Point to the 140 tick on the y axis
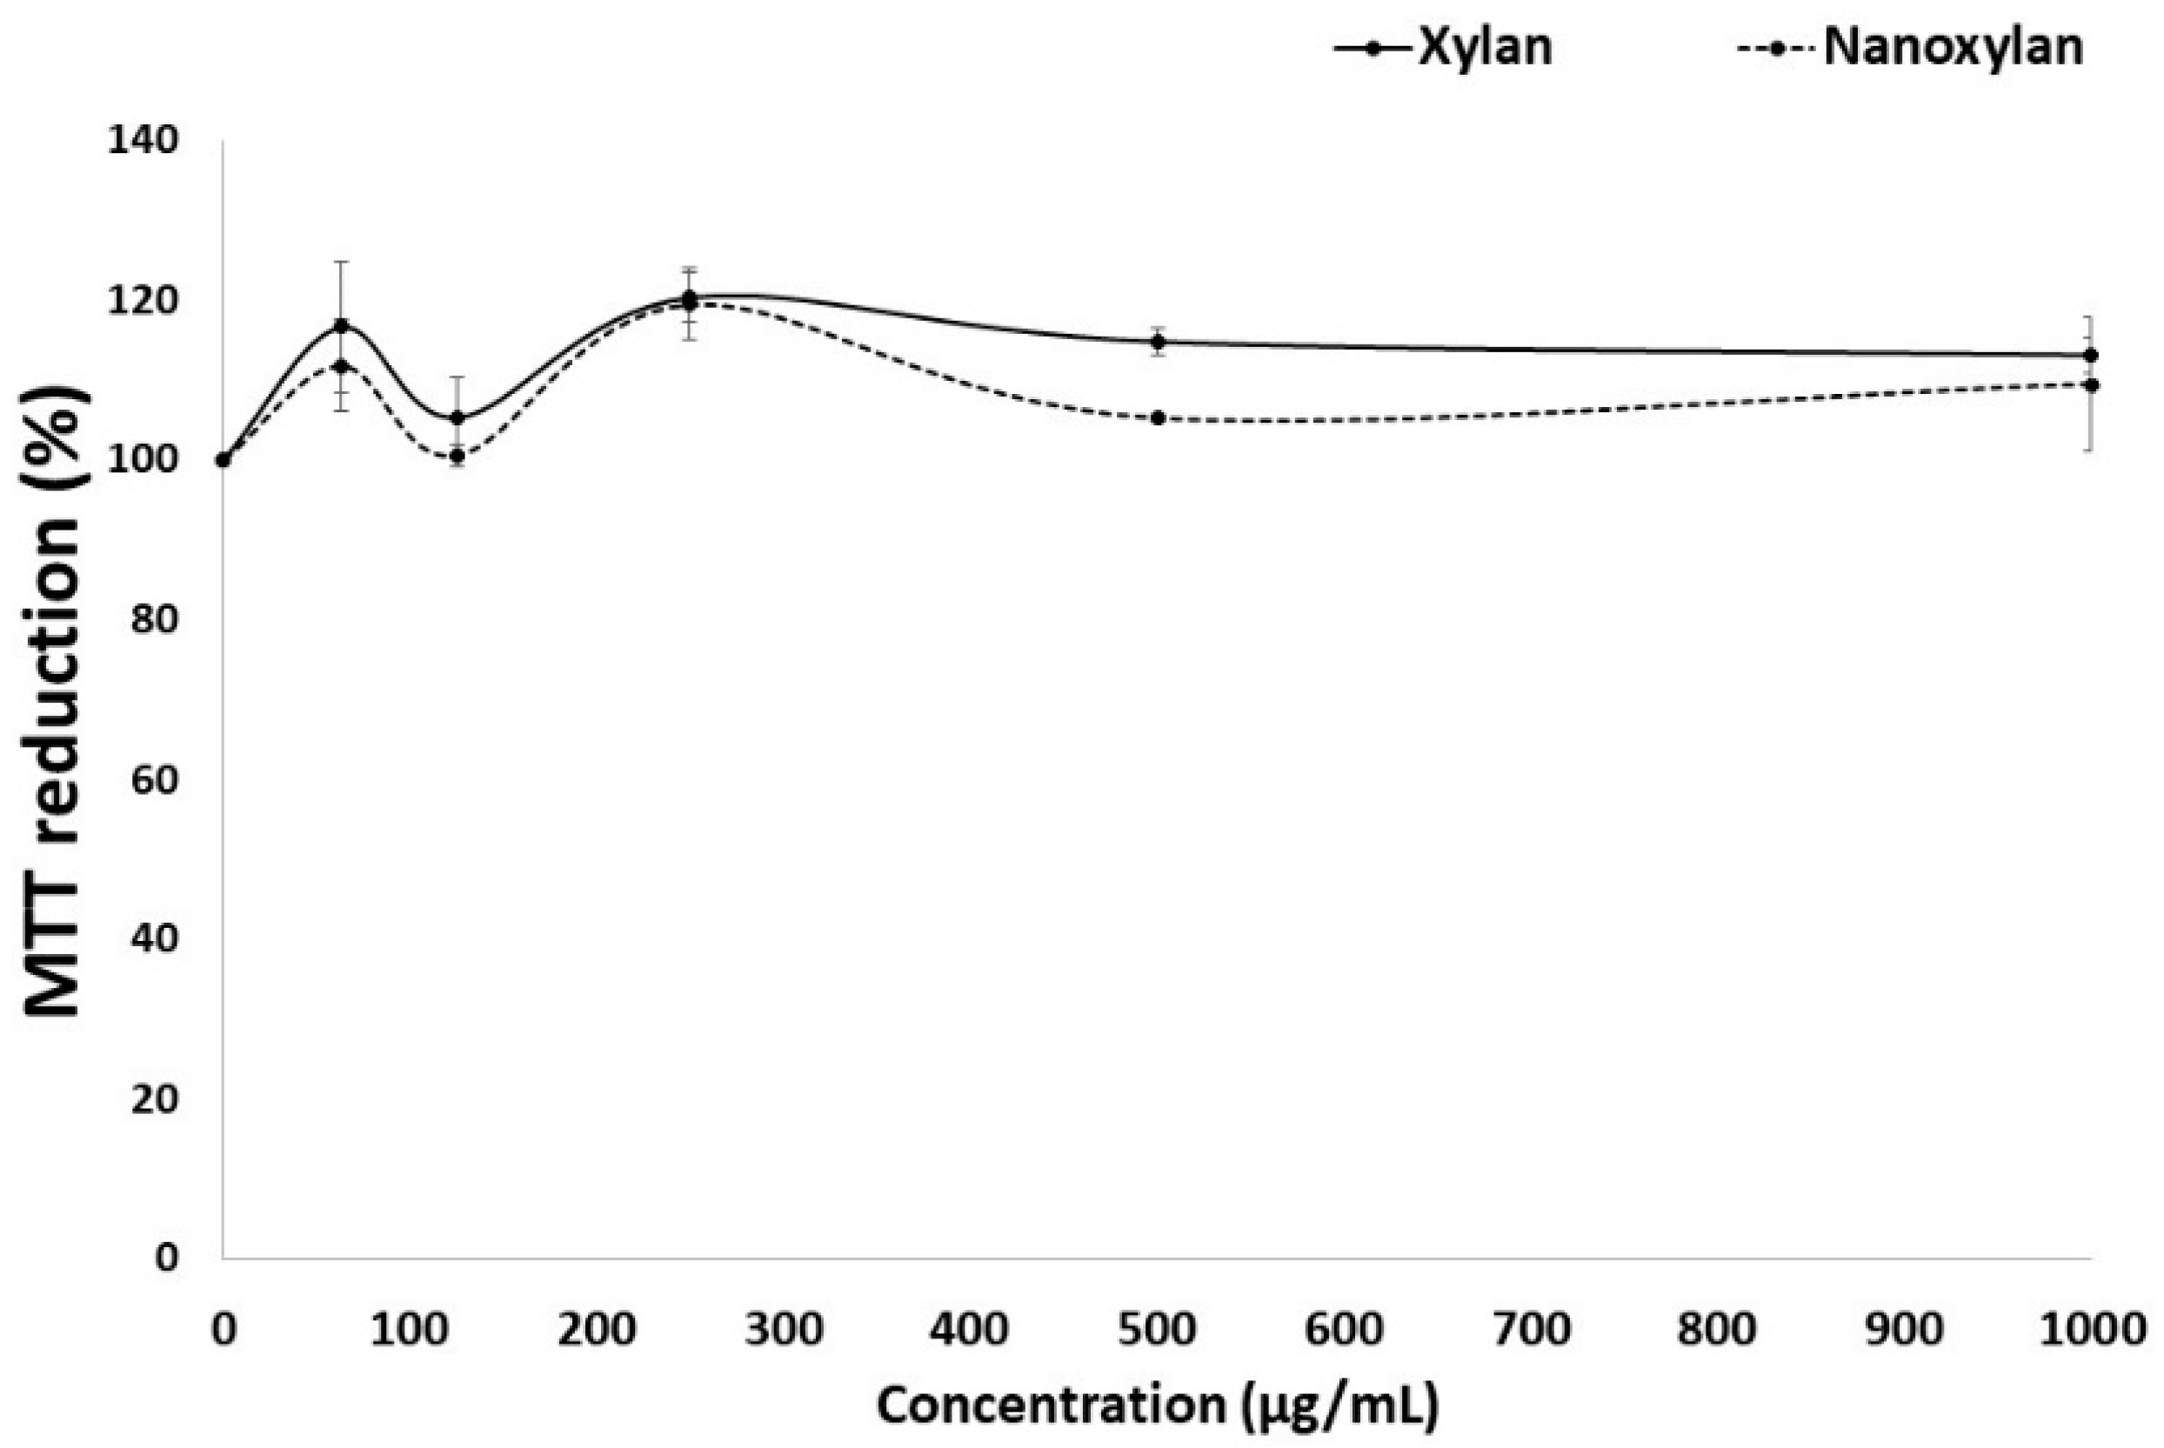point(144,140)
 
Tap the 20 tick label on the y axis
point(154,1098)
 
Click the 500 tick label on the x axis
point(1158,1330)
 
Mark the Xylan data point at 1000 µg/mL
point(2091,356)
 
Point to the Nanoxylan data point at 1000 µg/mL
point(2091,385)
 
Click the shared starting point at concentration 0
point(223,460)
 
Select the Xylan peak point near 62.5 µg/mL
point(341,326)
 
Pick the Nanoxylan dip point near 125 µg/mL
point(457,455)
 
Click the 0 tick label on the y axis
point(166,1258)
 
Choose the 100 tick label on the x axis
point(409,1330)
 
